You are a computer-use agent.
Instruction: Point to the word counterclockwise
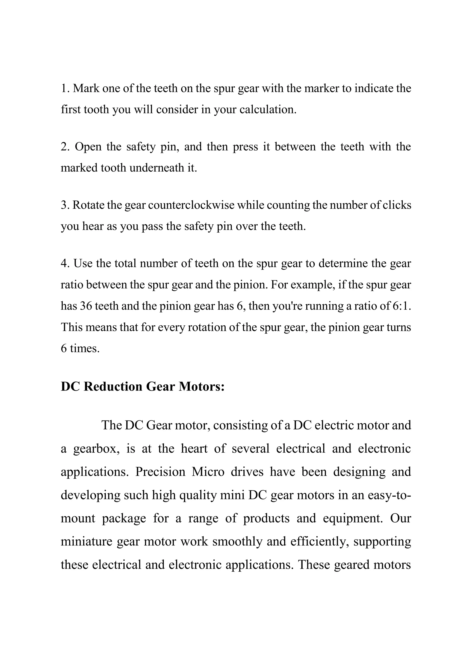tap(191, 205)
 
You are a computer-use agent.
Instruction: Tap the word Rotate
tap(88, 205)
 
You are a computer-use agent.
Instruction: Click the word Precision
tap(160, 472)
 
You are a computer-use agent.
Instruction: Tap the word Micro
tap(208, 472)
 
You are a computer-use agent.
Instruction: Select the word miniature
tap(86, 541)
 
